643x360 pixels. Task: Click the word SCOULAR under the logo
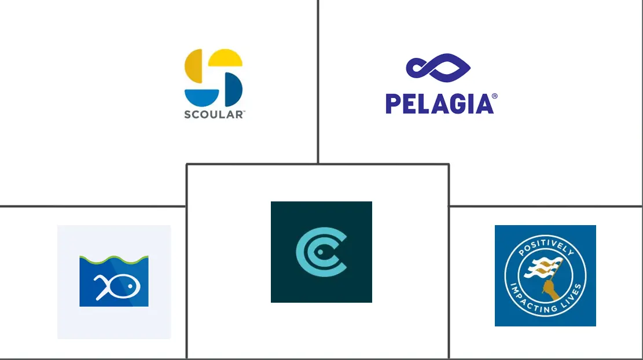click(213, 115)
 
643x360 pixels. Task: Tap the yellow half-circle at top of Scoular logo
click(225, 58)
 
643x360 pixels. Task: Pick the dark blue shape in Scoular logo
click(234, 89)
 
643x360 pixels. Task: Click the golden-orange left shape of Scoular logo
click(193, 66)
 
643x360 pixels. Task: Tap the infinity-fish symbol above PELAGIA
click(438, 68)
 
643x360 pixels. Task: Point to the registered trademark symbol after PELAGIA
click(494, 96)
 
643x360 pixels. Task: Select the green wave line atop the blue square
click(114, 259)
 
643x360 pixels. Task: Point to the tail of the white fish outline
click(101, 287)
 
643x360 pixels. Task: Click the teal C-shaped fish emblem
click(322, 252)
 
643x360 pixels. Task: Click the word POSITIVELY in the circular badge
click(545, 247)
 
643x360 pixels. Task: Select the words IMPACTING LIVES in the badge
click(546, 299)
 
